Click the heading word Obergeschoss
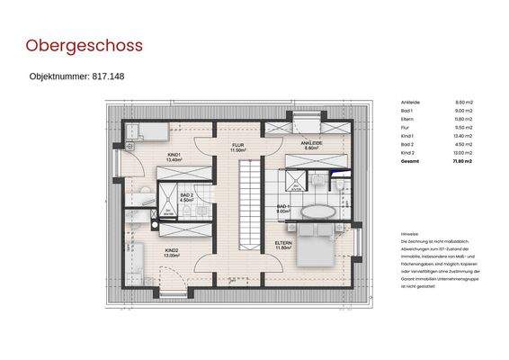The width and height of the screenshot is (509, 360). [84, 45]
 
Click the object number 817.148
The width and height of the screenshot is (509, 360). [76, 76]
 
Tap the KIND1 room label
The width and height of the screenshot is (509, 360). [174, 156]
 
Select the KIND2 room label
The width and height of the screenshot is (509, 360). [170, 251]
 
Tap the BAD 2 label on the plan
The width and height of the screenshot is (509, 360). [187, 195]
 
